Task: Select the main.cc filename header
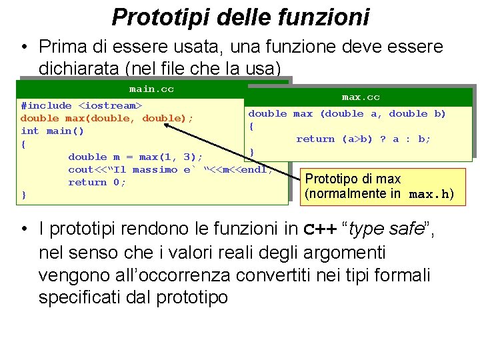[x=151, y=89]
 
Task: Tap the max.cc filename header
[x=361, y=97]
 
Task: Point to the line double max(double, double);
[x=107, y=118]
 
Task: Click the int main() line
[x=53, y=131]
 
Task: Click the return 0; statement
[x=97, y=182]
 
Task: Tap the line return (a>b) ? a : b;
[x=363, y=139]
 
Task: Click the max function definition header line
[x=347, y=113]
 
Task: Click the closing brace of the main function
[x=24, y=195]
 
